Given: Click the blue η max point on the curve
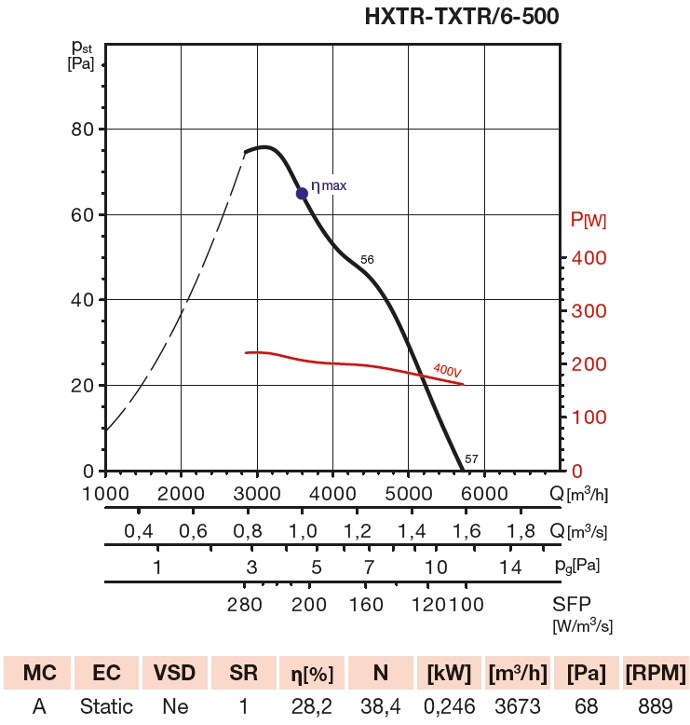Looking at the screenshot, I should pos(302,193).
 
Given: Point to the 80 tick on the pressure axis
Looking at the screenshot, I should pos(83,129).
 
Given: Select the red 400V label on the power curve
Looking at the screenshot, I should pos(448,370).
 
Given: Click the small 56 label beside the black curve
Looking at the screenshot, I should pos(367,259).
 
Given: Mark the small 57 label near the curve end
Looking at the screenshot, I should pos(471,458).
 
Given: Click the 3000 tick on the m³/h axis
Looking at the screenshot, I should pos(256,493).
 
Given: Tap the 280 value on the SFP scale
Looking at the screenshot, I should pos(244,605).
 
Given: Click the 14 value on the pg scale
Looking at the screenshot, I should pos(508,568).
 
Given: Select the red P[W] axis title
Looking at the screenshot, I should pos(589,220).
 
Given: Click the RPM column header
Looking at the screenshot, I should pos(656,673).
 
